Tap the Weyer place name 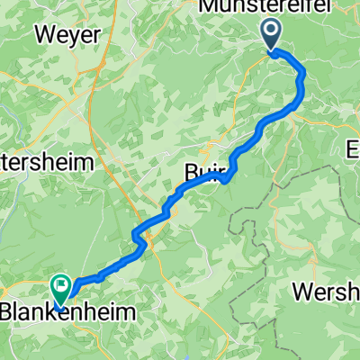[66, 35]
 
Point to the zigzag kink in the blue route [139, 235]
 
